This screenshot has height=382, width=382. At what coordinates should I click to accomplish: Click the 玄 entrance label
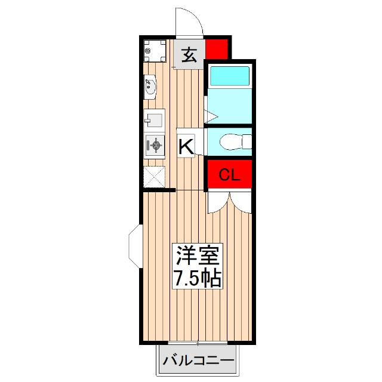click(x=189, y=55)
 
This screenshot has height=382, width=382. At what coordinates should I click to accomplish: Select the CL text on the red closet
click(x=229, y=175)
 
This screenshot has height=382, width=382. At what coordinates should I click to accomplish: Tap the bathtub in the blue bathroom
click(x=229, y=76)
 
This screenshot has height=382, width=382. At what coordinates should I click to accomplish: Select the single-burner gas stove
click(x=155, y=144)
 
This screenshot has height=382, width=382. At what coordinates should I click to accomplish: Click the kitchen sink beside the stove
click(x=154, y=119)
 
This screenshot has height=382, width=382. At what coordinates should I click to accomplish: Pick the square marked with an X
click(x=154, y=177)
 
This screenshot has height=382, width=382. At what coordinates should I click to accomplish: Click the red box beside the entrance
click(x=217, y=48)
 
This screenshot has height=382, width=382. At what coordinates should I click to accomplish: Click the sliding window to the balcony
click(x=197, y=343)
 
